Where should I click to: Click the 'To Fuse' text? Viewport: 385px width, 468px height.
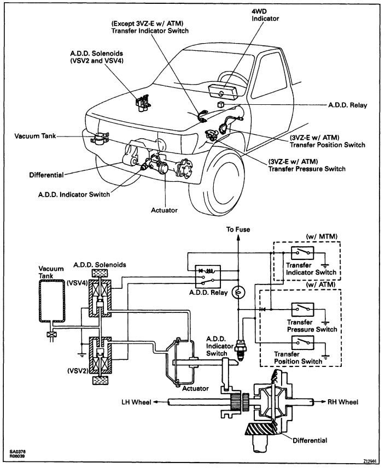238,229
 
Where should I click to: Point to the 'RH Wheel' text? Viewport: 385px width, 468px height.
343,402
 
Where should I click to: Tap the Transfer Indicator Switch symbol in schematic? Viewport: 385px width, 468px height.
302,253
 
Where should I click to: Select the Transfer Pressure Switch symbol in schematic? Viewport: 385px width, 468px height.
302,309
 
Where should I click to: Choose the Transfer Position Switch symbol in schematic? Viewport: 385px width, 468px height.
302,342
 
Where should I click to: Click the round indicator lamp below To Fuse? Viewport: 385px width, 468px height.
238,293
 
